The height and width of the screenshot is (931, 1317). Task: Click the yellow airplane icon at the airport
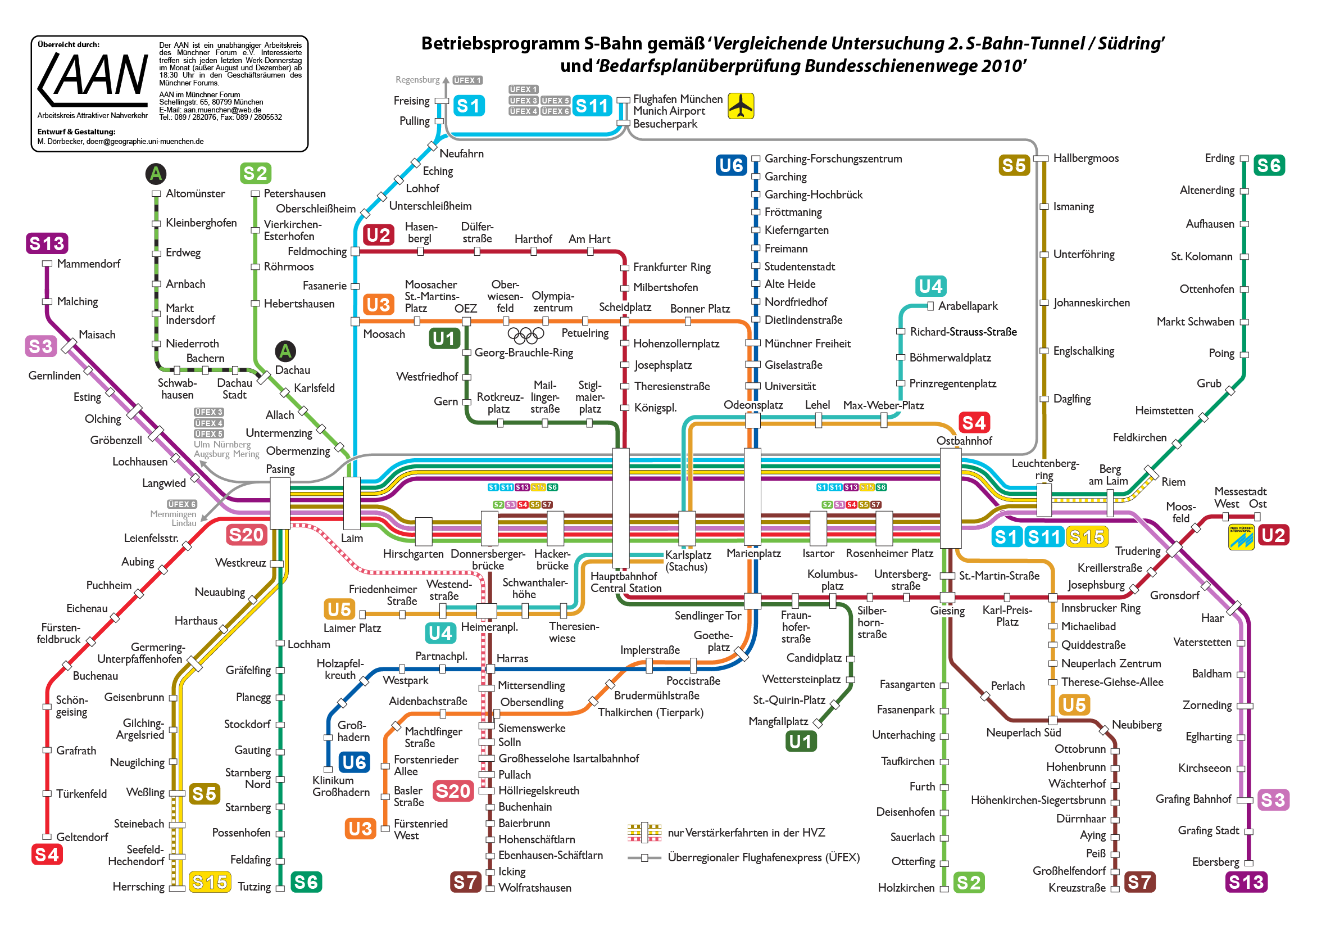coord(741,106)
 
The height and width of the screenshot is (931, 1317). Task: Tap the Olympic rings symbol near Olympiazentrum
coord(525,335)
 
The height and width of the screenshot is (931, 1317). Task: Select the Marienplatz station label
coord(753,553)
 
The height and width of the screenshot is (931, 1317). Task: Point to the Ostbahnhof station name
coord(964,441)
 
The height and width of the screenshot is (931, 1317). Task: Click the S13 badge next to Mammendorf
coord(47,243)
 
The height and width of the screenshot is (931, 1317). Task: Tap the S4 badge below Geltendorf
coord(47,855)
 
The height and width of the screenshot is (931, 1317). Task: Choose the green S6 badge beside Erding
coord(1269,165)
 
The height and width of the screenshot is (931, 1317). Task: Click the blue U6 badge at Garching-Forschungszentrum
coord(732,165)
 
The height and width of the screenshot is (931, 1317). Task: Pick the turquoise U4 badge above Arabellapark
coord(930,286)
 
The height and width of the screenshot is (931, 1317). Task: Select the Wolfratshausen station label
coord(534,887)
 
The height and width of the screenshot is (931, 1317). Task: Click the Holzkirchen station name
coord(906,887)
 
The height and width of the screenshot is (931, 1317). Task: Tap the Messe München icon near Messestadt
coord(1241,537)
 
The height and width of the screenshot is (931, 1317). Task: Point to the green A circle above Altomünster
coord(156,173)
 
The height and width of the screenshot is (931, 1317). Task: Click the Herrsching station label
coord(138,887)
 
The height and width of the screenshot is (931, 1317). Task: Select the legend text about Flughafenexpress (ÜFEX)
coord(764,857)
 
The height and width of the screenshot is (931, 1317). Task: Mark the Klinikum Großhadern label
coord(340,787)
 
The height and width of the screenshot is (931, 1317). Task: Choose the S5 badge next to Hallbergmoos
coord(1014,165)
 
